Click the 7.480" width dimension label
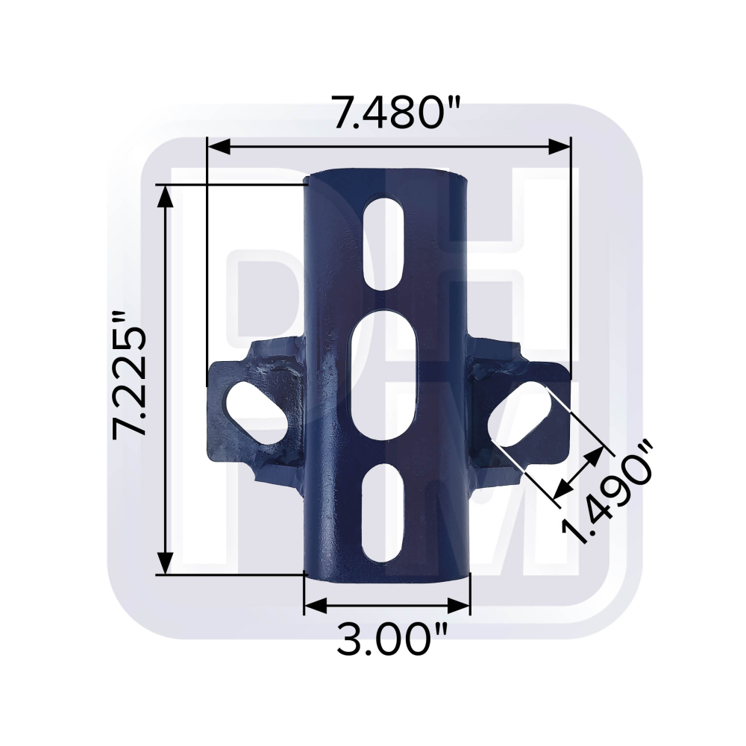pyautogui.click(x=398, y=113)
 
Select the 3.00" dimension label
pyautogui.click(x=392, y=639)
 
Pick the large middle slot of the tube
pyautogui.click(x=383, y=376)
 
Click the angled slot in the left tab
pyautogui.click(x=257, y=413)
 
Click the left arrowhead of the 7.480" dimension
pyautogui.click(x=219, y=147)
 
